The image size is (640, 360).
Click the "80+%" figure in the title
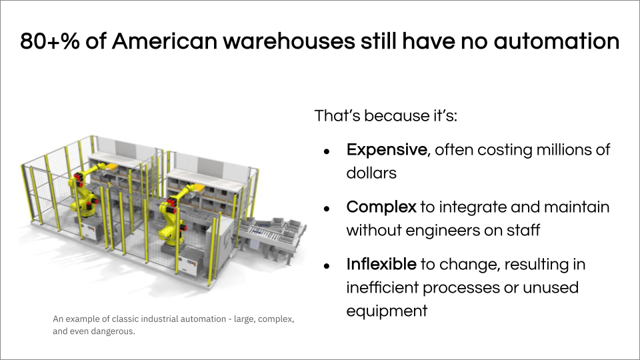pos(50,41)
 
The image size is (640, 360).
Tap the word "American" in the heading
pos(165,41)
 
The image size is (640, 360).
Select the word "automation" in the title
pos(557,41)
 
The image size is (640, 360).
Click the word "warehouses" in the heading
pos(289,41)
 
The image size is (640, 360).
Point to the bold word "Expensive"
pos(387,150)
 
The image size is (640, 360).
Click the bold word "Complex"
pos(381,207)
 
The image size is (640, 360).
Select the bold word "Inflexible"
pos(381,264)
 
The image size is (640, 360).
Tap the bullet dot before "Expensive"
pos(327,152)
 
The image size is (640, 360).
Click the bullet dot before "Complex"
pos(327,209)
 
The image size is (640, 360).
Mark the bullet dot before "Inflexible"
pos(327,266)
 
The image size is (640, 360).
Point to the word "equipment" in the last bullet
pos(387,311)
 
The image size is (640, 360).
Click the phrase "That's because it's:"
pos(386,115)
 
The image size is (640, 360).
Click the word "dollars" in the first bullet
pos(371,173)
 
